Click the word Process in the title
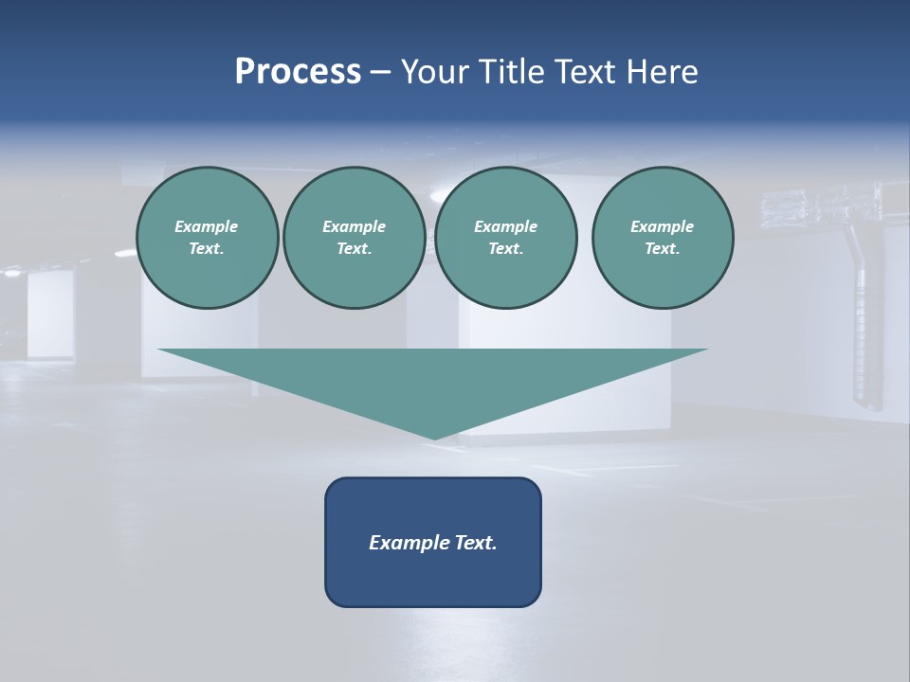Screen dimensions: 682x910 coord(298,72)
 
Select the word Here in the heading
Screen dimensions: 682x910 coord(661,72)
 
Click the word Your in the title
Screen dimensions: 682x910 coord(436,72)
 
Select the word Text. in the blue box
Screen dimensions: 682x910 coord(475,543)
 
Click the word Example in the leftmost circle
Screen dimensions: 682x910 coord(207,226)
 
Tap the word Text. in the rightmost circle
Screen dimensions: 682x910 coord(663,249)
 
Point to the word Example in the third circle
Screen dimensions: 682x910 coord(505,226)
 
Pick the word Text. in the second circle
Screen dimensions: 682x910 coord(354,249)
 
